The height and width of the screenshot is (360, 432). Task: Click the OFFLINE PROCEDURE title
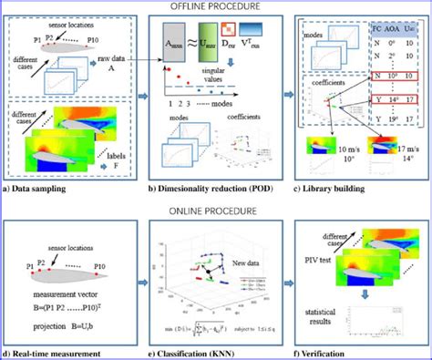pos(216,6)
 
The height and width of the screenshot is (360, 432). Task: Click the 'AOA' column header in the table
pos(386,29)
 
